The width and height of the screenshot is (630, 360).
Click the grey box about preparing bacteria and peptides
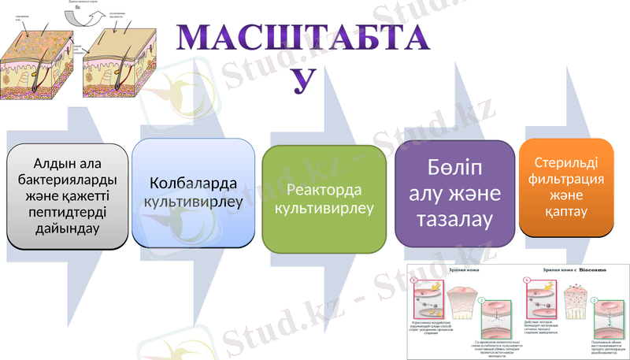(66, 196)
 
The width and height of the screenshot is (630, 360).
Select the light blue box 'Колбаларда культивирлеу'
(193, 194)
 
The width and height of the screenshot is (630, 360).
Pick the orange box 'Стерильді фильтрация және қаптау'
(566, 187)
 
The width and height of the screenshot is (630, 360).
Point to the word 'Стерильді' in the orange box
(566, 163)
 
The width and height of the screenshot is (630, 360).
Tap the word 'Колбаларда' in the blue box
(193, 184)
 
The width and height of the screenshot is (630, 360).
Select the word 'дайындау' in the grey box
(66, 229)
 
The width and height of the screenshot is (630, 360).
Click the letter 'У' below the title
(302, 78)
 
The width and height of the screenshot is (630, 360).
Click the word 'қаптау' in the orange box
(566, 213)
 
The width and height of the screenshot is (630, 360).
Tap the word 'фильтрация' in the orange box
(566, 180)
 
